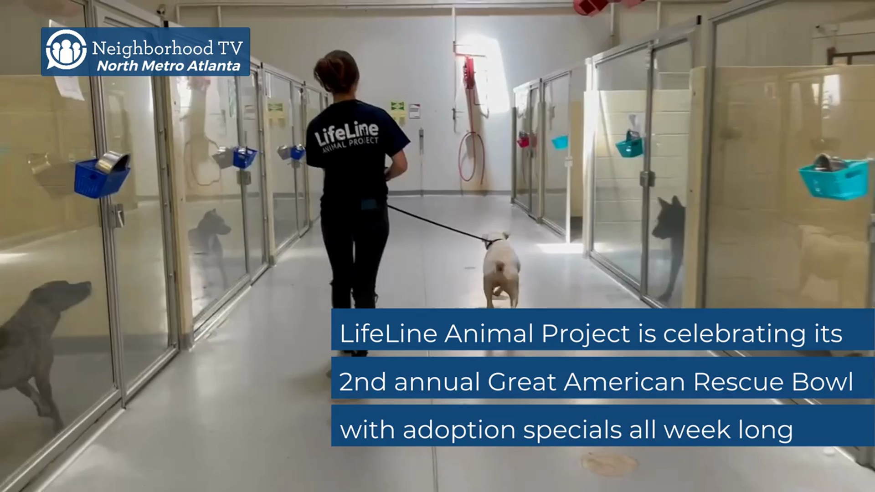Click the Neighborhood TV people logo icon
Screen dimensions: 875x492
(x=66, y=50)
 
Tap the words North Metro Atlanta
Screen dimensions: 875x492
(x=169, y=66)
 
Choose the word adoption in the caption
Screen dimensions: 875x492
(x=459, y=430)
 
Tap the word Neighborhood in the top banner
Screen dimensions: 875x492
(x=153, y=48)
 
